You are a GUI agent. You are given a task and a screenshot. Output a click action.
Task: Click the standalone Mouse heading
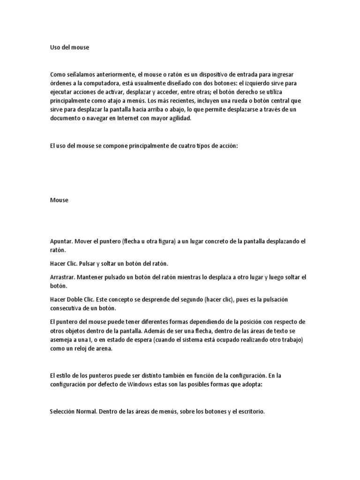pyautogui.click(x=59, y=200)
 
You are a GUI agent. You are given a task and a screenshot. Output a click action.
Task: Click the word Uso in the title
pyautogui.click(x=55, y=47)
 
